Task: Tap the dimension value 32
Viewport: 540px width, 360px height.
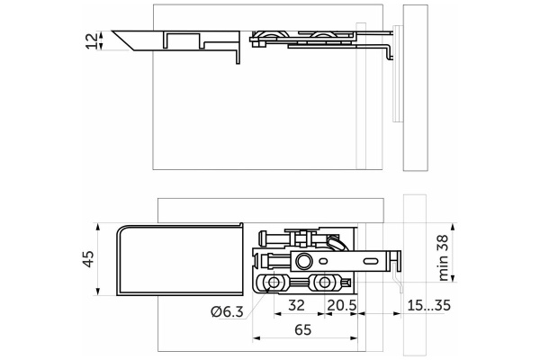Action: pyautogui.click(x=295, y=305)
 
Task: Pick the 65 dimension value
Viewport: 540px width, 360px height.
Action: pyautogui.click(x=304, y=330)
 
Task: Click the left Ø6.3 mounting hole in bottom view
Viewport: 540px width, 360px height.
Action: pyautogui.click(x=266, y=284)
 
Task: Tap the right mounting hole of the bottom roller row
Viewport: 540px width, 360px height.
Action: pyautogui.click(x=322, y=284)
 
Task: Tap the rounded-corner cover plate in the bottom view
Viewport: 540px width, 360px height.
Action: pyautogui.click(x=180, y=259)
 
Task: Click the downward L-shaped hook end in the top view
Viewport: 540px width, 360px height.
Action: pyautogui.click(x=390, y=49)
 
